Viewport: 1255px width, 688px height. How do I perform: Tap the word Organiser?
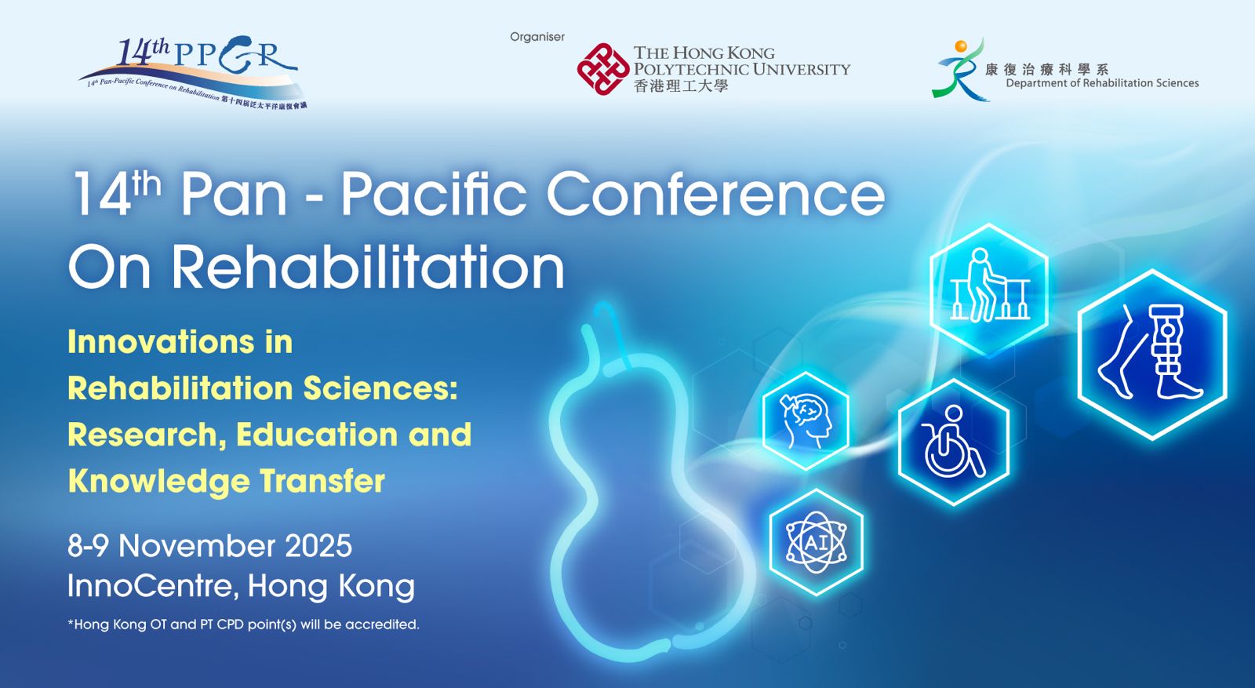pyautogui.click(x=537, y=37)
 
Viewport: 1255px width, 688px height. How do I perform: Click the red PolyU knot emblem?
pyautogui.click(x=602, y=69)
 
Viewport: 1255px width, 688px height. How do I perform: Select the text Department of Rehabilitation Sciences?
pyautogui.click(x=1102, y=83)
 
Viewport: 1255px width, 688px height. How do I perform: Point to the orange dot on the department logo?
pyautogui.click(x=960, y=47)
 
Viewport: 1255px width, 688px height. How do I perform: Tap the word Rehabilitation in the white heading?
pyautogui.click(x=368, y=268)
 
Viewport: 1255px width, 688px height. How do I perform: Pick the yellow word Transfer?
pyautogui.click(x=322, y=481)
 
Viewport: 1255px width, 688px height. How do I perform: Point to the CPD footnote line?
pyautogui.click(x=243, y=624)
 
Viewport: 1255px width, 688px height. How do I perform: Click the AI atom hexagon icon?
pyautogui.click(x=816, y=542)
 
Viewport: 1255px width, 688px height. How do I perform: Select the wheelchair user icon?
pyautogui.click(x=953, y=442)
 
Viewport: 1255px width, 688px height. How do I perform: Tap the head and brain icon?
pyautogui.click(x=806, y=420)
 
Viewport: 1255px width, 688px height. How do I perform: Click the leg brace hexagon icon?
pyautogui.click(x=1151, y=354)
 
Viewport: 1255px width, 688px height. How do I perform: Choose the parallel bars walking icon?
pyautogui.click(x=989, y=287)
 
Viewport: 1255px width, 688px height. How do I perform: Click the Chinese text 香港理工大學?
pyautogui.click(x=681, y=86)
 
